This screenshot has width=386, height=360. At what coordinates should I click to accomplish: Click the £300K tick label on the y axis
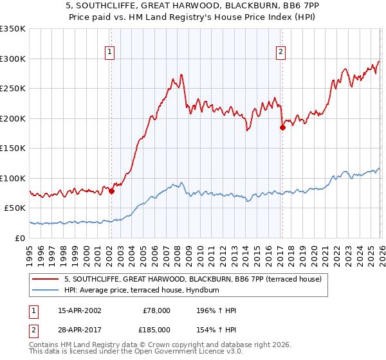13,59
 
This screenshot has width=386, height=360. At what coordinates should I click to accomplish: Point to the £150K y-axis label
13,148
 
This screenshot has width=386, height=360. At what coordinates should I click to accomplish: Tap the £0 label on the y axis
21,238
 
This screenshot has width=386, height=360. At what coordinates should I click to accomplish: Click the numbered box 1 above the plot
110,53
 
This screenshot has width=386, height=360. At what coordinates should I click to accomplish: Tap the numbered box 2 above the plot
281,53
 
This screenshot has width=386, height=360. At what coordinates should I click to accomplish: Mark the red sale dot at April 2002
111,191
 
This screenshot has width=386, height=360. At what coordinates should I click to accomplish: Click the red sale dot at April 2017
282,127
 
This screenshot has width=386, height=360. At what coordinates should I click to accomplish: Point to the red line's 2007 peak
181,75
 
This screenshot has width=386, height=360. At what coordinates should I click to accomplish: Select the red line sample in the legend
46,279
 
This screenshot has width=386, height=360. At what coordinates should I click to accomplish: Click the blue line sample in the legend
46,290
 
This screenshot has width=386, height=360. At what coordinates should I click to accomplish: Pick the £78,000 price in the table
157,310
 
